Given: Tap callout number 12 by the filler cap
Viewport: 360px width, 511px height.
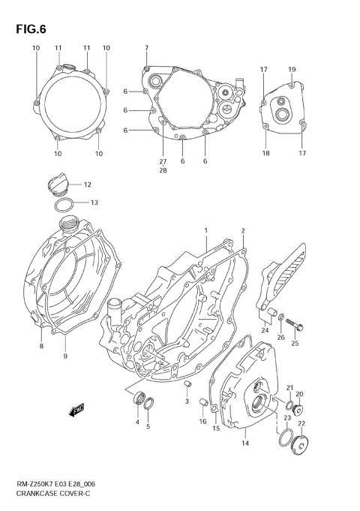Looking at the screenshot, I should coord(87,185).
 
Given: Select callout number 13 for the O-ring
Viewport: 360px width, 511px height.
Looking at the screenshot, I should coord(94,203).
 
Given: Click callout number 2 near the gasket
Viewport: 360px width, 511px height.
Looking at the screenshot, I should coord(243,230).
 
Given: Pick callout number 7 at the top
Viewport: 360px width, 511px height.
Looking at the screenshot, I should coord(147,48).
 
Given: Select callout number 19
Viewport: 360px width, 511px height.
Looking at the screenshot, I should coord(292,69).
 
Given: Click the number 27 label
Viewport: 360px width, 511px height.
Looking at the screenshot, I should coord(163,162).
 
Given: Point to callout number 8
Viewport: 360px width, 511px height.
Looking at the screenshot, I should coord(42,346).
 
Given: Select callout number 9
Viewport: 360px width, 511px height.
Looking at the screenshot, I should coord(66,356).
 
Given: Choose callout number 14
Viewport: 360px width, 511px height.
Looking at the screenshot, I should coord(244,443).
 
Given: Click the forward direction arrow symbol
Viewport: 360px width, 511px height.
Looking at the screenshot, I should coord(76,410).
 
